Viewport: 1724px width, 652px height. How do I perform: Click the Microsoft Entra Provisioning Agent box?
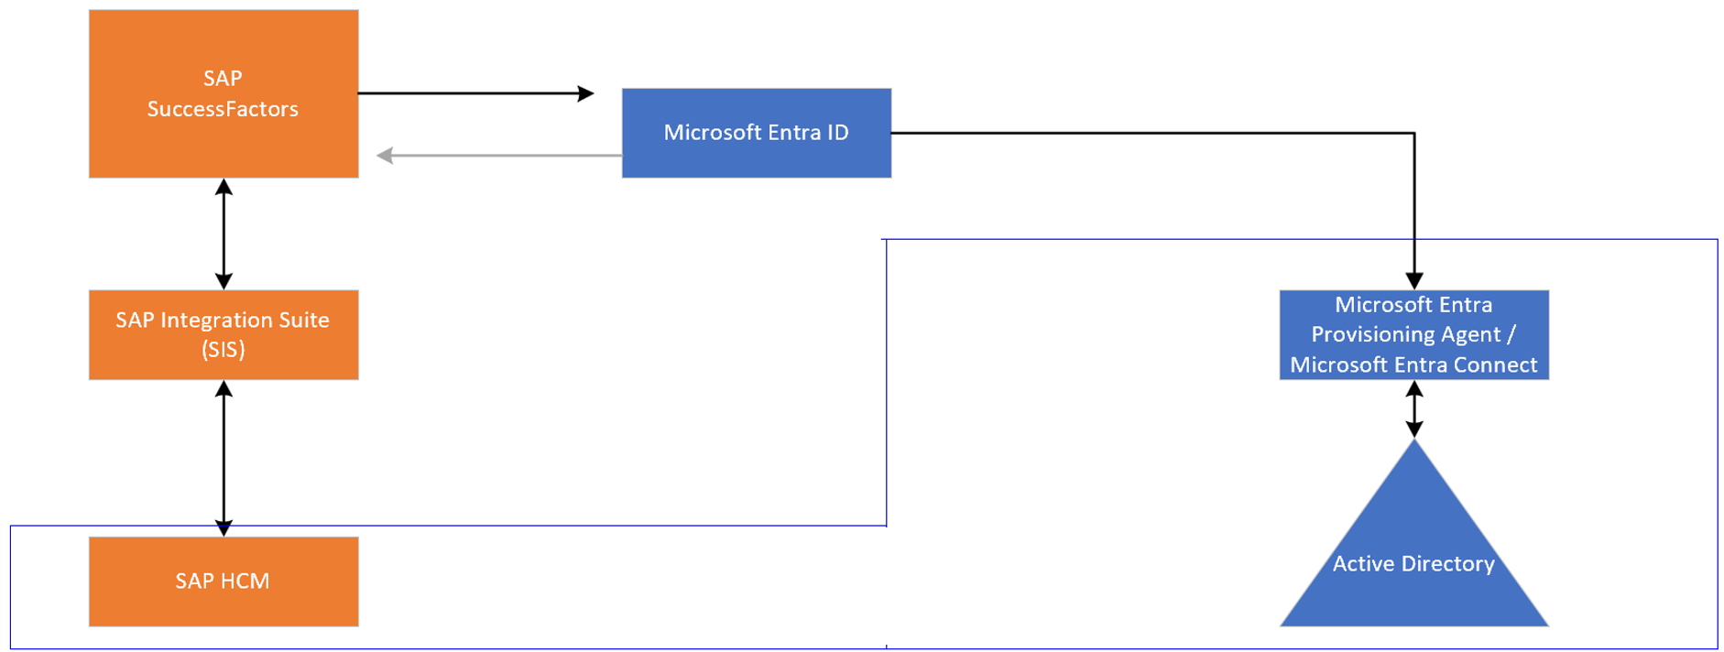1413,334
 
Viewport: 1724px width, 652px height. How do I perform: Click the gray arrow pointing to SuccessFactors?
386,156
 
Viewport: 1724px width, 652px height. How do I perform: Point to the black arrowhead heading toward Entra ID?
585,93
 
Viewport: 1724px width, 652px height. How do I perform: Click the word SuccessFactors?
223,109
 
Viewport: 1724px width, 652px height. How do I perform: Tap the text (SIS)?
223,350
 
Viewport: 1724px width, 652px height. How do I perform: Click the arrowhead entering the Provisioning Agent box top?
1413,281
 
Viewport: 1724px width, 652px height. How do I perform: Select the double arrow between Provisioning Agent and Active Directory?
1413,408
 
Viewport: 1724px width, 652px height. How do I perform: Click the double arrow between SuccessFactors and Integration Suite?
224,234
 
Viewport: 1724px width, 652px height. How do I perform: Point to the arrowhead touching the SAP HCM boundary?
224,527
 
